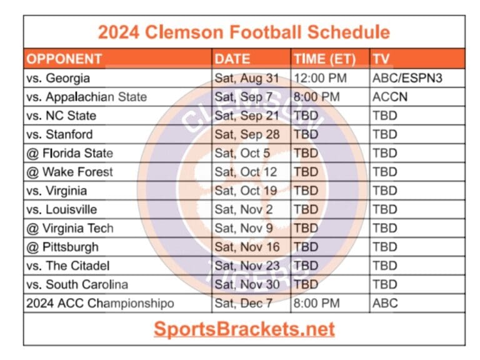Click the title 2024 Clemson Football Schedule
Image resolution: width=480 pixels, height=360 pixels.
point(244,32)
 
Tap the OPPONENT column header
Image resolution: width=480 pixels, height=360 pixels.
point(64,59)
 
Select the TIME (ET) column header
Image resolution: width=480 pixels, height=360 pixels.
point(324,59)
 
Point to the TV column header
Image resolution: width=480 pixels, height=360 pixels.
point(381,59)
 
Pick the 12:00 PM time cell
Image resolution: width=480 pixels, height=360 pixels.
point(319,78)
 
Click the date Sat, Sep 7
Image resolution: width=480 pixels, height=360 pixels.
point(244,97)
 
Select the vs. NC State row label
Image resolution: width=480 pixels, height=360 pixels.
point(61,116)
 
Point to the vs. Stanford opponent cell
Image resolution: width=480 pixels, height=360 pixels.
point(59,134)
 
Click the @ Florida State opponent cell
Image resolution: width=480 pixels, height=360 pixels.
point(69,153)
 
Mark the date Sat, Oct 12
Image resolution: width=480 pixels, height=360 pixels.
point(246,172)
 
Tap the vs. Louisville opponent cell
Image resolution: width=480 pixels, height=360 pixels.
point(61,209)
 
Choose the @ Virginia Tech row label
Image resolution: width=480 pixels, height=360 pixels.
point(69,228)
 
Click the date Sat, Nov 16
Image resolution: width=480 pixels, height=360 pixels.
point(247,247)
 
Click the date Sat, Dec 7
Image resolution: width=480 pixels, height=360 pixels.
point(244,304)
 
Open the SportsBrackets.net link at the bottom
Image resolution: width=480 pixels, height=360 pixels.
point(244,329)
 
